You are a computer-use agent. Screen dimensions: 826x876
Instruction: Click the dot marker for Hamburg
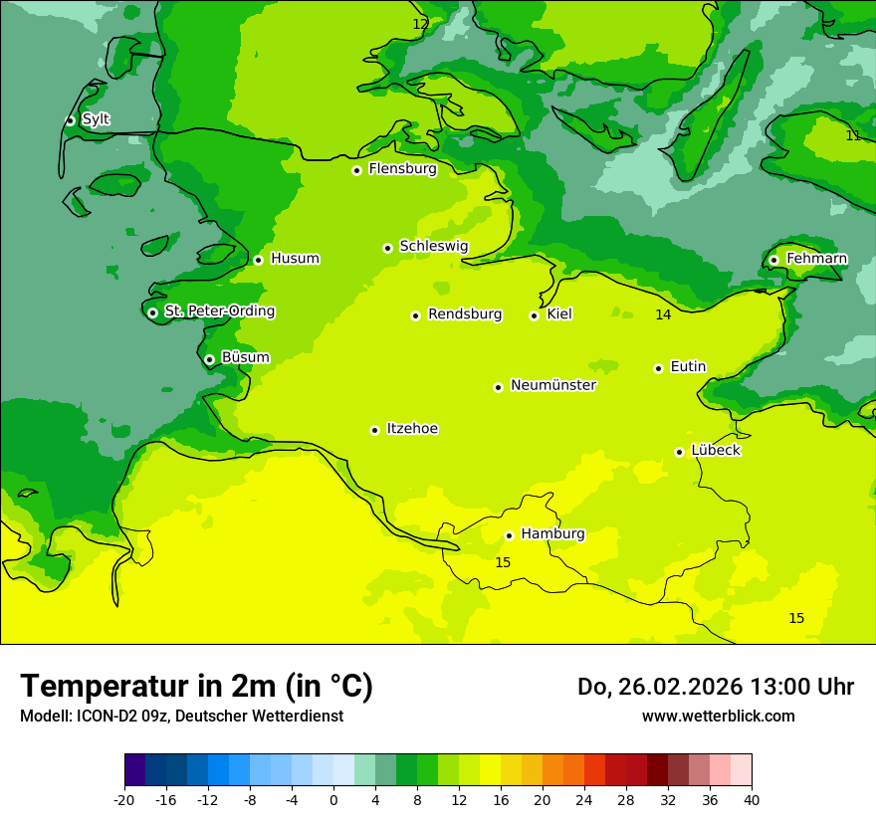click(x=509, y=535)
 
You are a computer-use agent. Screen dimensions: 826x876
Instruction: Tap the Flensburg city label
click(x=402, y=169)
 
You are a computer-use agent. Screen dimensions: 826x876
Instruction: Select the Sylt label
click(x=96, y=119)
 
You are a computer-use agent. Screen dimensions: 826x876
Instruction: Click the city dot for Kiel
click(x=534, y=315)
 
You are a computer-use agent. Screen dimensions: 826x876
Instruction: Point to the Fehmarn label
click(x=816, y=259)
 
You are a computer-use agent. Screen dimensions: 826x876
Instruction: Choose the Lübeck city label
click(x=715, y=450)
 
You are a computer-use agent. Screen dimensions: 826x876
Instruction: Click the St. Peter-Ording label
click(x=219, y=311)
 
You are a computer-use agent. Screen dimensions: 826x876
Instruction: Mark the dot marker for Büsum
click(x=209, y=359)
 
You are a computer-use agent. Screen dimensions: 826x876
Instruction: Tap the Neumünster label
click(x=552, y=385)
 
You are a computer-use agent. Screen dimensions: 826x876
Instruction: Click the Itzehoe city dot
click(x=374, y=430)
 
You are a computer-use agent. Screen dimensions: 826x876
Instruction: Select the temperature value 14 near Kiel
click(x=663, y=314)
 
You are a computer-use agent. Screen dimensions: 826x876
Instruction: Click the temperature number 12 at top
click(x=421, y=24)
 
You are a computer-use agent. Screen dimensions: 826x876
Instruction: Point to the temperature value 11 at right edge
click(x=853, y=135)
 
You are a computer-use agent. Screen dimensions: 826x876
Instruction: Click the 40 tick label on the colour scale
click(x=751, y=800)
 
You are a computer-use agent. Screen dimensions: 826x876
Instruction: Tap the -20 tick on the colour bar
click(x=124, y=800)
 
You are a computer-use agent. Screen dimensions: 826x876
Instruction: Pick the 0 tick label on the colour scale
click(x=333, y=800)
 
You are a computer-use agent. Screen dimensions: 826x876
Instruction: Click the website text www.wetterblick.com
click(x=718, y=716)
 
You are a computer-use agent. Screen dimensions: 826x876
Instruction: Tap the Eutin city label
click(x=688, y=367)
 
